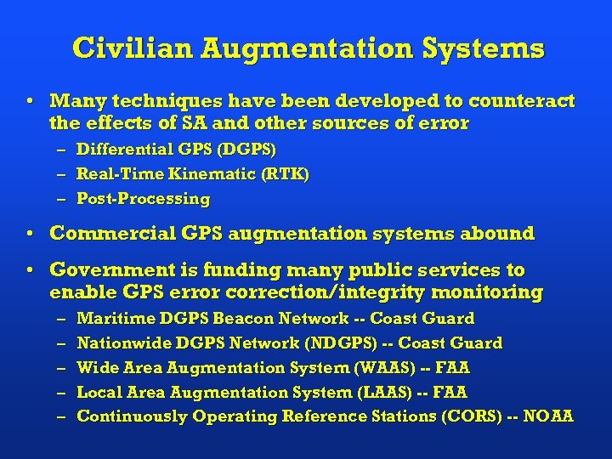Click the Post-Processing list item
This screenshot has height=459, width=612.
pyautogui.click(x=143, y=199)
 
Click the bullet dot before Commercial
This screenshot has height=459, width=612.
pyautogui.click(x=30, y=233)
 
